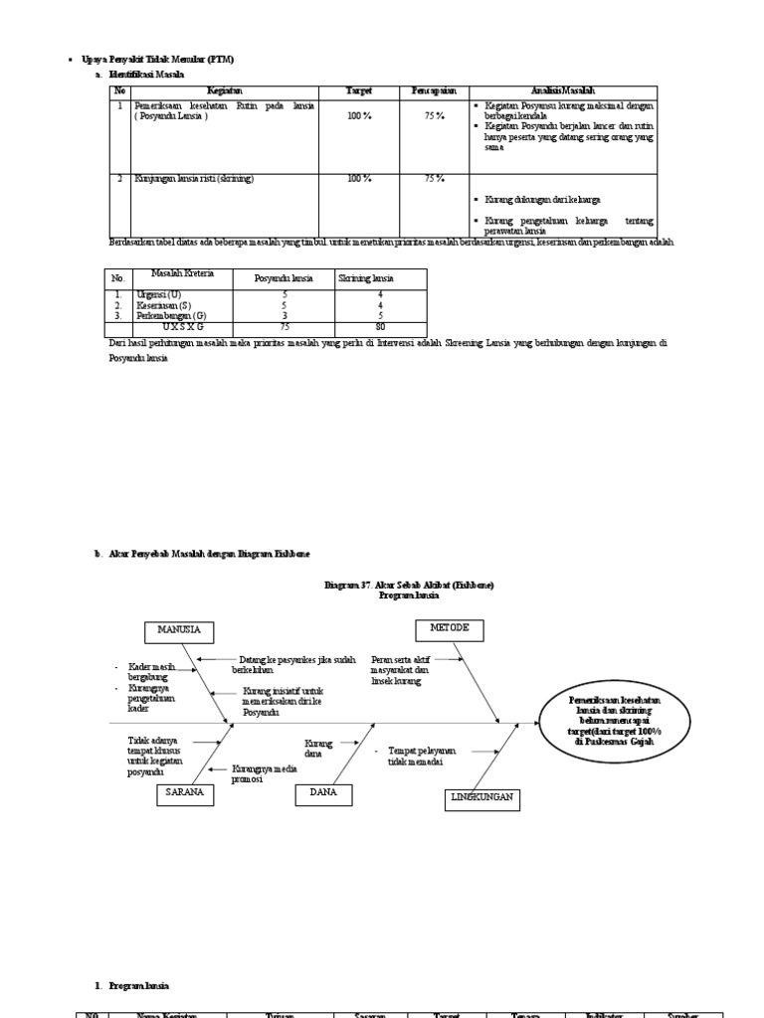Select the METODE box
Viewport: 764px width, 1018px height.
tap(449, 629)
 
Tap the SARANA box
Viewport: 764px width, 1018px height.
tap(185, 792)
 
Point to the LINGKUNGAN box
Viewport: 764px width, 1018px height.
tap(481, 799)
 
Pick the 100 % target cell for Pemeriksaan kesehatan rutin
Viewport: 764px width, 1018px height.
tap(359, 116)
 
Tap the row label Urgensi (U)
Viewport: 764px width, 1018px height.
tap(159, 295)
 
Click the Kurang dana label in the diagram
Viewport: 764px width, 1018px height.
tap(319, 747)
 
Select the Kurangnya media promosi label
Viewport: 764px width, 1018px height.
tap(259, 773)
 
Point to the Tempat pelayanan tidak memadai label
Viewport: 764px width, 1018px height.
tap(422, 756)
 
